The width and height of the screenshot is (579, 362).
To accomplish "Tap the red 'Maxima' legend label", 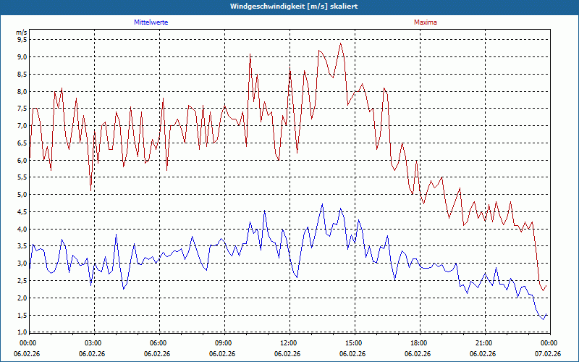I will (x=425, y=22).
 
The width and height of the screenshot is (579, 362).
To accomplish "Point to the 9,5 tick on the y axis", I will (x=22, y=40).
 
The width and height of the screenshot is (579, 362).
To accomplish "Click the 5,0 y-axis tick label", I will (x=22, y=195).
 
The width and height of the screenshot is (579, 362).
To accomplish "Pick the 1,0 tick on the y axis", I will (x=22, y=332).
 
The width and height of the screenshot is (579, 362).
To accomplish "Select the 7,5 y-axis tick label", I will (x=22, y=109).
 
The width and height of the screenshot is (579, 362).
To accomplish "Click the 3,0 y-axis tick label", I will (x=22, y=264).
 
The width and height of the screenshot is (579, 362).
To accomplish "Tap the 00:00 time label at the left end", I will (x=28, y=342).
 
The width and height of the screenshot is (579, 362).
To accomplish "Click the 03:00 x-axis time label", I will (x=93, y=342).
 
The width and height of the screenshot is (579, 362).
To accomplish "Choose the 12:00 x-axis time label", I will (x=288, y=342).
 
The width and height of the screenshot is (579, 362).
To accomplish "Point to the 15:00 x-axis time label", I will (x=353, y=342).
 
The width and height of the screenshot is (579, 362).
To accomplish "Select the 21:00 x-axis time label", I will (x=483, y=342).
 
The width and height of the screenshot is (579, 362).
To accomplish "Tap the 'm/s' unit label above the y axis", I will (x=21, y=33).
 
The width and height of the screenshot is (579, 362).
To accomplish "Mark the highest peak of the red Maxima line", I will (x=340, y=43).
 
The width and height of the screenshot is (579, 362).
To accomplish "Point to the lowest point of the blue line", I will (x=543, y=319).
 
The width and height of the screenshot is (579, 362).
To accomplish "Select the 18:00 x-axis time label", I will (x=418, y=342).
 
